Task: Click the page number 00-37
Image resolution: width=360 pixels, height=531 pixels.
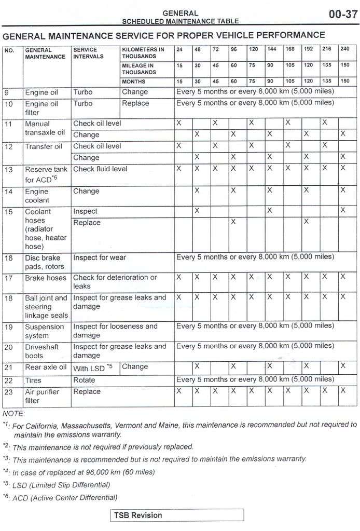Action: pyautogui.click(x=343, y=14)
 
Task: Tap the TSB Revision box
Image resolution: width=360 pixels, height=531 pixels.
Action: pyautogui.click(x=176, y=515)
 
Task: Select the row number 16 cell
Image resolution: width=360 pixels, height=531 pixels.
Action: pyautogui.click(x=9, y=258)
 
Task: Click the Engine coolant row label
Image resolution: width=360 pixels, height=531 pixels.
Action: pyautogui.click(x=37, y=196)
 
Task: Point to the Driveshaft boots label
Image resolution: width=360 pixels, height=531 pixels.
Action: pyautogui.click(x=42, y=351)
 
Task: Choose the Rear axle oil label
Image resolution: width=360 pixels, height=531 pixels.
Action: pyautogui.click(x=46, y=367)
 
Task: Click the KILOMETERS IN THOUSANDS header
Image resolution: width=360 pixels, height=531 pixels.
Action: pyautogui.click(x=143, y=53)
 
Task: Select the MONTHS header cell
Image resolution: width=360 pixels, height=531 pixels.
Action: pyautogui.click(x=134, y=81)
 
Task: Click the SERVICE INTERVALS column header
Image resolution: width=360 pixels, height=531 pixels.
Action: pyautogui.click(x=89, y=53)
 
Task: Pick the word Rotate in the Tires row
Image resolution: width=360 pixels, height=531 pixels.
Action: pyautogui.click(x=84, y=380)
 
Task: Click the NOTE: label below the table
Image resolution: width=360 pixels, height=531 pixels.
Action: pyautogui.click(x=13, y=414)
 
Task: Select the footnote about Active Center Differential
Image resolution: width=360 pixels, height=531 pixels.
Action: pyautogui.click(x=65, y=498)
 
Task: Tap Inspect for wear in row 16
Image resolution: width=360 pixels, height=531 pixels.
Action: pyautogui.click(x=100, y=257)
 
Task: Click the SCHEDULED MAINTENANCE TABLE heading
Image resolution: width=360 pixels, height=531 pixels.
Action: pyautogui.click(x=180, y=21)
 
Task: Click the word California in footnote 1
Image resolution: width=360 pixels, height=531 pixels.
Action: pyautogui.click(x=41, y=425)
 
